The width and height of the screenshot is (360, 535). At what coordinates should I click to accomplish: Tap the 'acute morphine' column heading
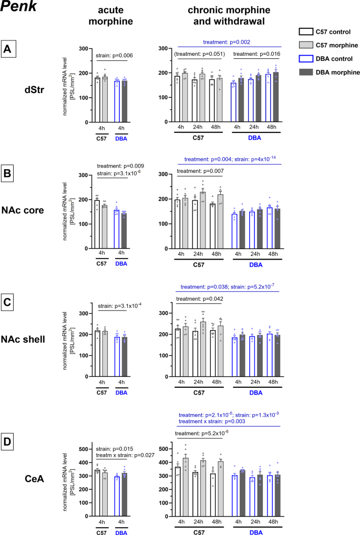[x=110, y=18]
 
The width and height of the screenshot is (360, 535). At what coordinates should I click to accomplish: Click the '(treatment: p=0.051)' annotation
[x=200, y=54]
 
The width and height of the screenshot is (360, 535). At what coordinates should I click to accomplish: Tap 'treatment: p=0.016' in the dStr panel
[x=256, y=54]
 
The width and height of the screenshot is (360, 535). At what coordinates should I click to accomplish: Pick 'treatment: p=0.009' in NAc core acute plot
[x=118, y=166]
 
